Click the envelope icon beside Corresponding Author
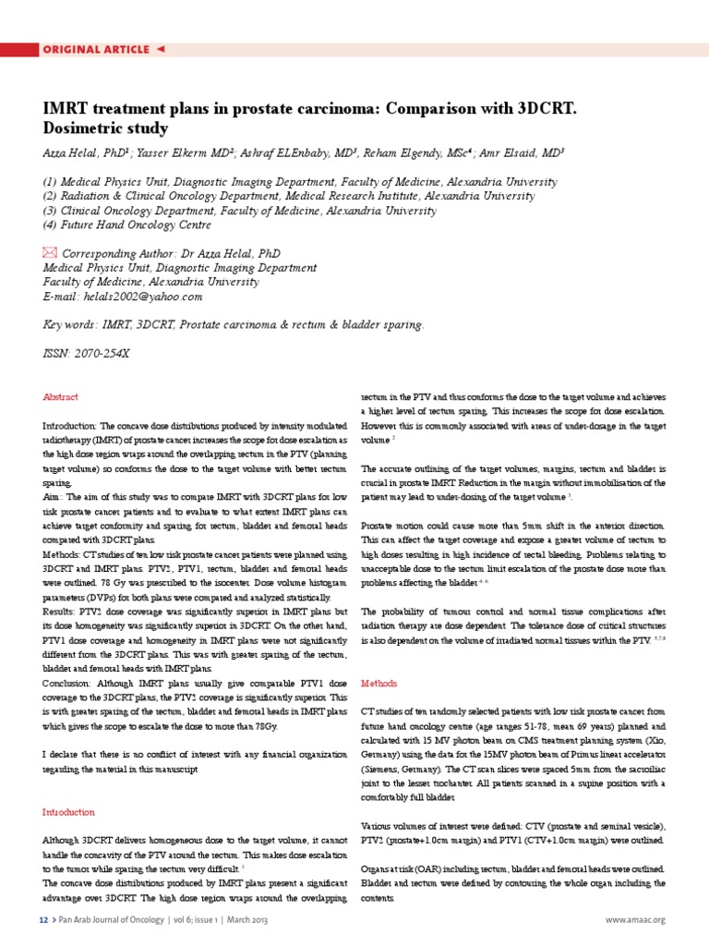click(50, 252)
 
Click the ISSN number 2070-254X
click(103, 353)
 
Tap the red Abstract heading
click(61, 397)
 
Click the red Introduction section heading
click(69, 812)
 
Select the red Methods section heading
click(379, 684)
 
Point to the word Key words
click(70, 325)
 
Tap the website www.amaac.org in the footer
click(635, 920)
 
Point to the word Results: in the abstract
click(61, 612)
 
